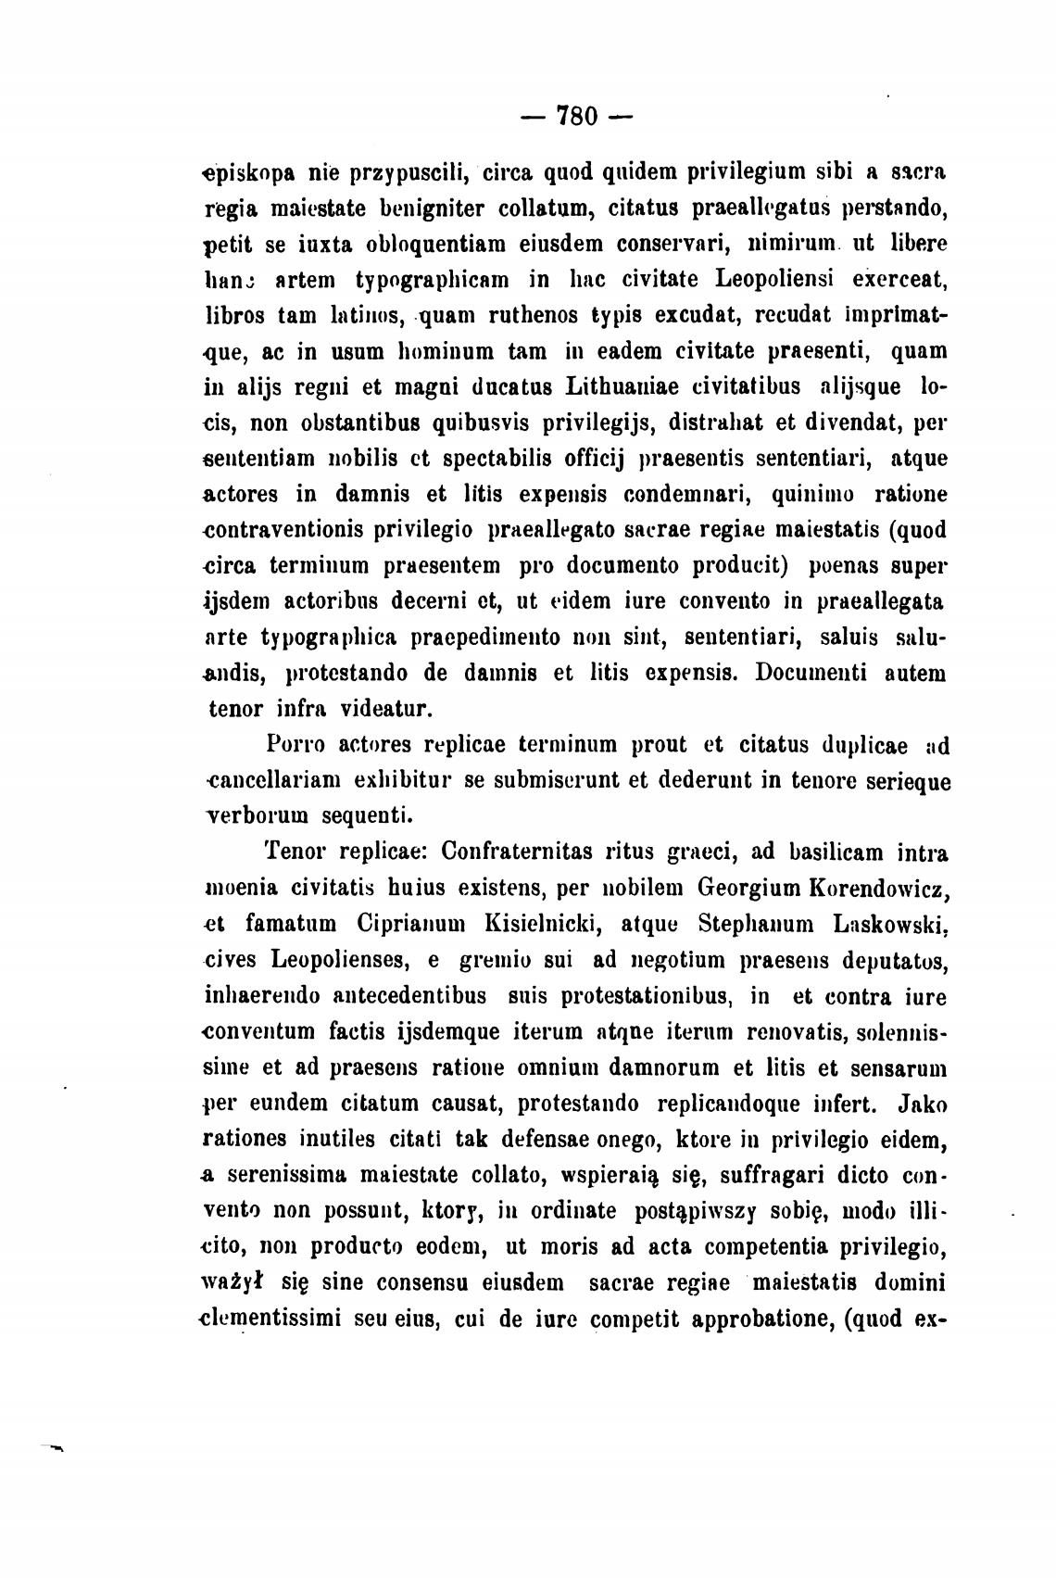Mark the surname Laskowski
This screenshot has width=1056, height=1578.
[x=888, y=925]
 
